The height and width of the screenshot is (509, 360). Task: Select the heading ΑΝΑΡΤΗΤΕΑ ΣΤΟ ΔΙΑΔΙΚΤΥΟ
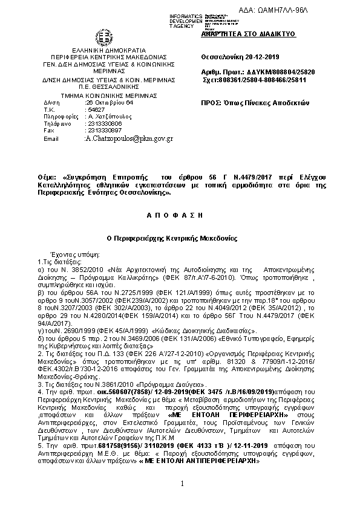coord(248,34)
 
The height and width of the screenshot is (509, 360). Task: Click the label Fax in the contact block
coord(49,130)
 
